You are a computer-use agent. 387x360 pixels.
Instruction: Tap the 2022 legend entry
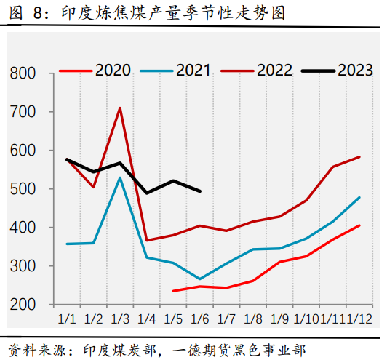click(x=274, y=71)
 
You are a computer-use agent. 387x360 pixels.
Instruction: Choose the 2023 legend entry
click(x=355, y=71)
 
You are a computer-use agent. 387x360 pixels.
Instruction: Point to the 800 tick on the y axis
click(x=24, y=73)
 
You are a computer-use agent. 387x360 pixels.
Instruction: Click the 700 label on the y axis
click(x=24, y=112)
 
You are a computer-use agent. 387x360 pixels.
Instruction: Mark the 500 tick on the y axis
click(x=24, y=189)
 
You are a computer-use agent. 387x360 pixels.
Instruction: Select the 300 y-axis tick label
click(x=24, y=266)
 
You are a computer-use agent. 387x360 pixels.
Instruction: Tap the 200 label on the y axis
click(x=24, y=305)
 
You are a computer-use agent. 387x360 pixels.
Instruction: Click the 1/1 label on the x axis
click(x=67, y=319)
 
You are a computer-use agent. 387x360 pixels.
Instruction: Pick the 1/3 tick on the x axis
click(x=120, y=319)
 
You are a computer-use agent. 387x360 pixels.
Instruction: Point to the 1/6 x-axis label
click(x=200, y=319)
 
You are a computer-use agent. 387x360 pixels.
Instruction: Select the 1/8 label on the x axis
click(x=253, y=319)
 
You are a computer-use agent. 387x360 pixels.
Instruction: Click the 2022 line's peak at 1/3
click(x=120, y=108)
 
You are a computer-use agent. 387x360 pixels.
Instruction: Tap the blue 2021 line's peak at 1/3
click(x=120, y=177)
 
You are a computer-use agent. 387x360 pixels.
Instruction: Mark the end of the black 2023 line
click(x=200, y=191)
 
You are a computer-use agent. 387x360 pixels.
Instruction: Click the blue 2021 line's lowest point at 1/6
click(x=200, y=279)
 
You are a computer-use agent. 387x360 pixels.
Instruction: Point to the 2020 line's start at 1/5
click(x=173, y=291)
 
